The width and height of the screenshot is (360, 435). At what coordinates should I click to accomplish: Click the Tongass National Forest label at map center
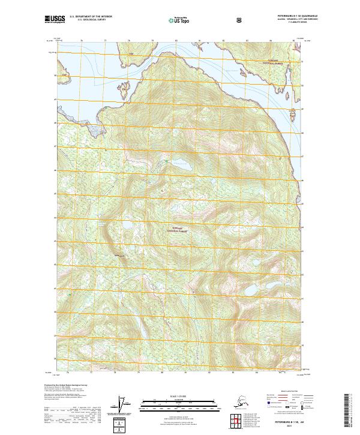pyautogui.click(x=179, y=229)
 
